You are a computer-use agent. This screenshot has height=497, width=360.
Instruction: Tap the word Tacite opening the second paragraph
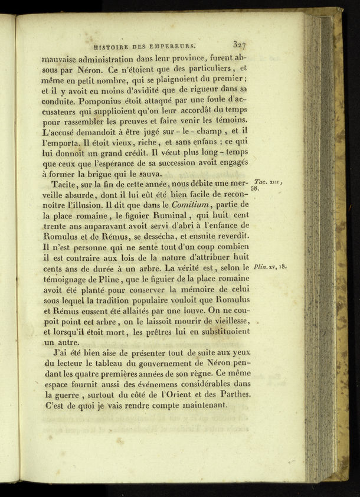[64, 184]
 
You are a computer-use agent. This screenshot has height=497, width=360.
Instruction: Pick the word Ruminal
[168, 215]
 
